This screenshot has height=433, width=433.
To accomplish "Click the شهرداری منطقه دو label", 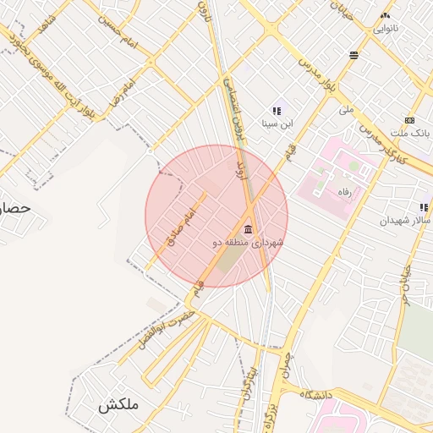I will coord(249,243).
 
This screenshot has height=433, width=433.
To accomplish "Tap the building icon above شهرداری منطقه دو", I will coord(248,229).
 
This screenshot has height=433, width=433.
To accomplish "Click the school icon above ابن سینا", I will coord(276,111).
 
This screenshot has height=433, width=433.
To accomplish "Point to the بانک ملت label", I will coord(409,134).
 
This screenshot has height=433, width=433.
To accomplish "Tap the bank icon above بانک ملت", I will coord(409,120).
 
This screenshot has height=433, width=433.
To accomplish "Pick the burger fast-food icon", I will coord(353,55).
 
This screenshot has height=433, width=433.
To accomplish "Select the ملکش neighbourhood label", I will coord(117,405).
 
